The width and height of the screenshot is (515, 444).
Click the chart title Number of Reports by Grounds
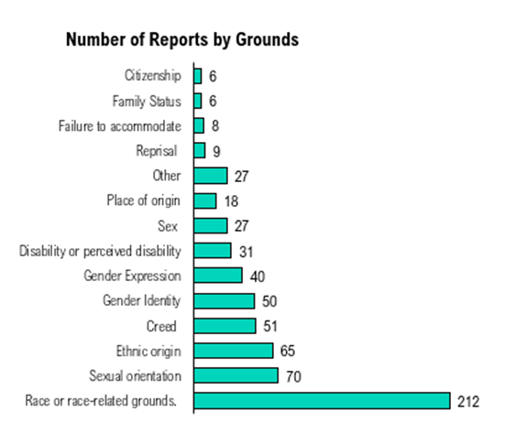point(181,41)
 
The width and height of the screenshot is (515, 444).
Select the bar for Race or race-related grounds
point(322,401)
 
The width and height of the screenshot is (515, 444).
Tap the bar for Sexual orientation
point(236,375)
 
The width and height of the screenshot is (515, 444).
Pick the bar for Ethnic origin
point(233,351)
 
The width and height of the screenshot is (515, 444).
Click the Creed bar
point(225,326)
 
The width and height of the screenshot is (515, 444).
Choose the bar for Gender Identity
point(224,300)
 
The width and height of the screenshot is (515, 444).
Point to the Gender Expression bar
point(218,276)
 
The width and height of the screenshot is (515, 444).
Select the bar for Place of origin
point(205,200)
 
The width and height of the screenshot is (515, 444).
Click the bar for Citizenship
point(198,76)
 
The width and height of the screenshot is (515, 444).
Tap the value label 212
point(468,402)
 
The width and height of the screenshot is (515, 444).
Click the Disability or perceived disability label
point(100,251)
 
